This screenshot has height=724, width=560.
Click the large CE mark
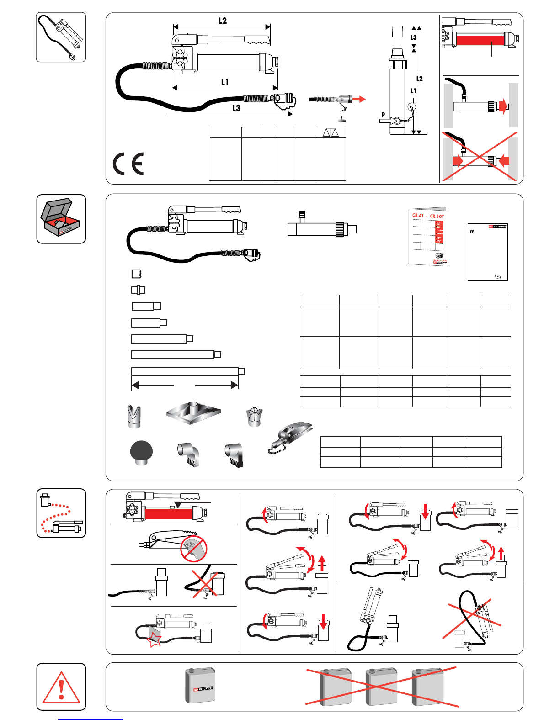128,164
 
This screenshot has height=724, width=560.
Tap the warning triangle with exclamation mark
61,687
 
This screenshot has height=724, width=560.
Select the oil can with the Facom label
201,686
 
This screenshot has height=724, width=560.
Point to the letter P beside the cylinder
383,115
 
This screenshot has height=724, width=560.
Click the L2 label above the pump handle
222,21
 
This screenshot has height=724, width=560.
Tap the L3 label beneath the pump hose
236,108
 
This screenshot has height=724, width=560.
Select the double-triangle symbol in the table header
331,132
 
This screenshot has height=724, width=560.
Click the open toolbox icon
61,218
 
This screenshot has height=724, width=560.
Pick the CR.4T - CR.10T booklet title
428,216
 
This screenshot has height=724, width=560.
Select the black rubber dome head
141,453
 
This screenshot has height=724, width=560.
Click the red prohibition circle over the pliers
194,549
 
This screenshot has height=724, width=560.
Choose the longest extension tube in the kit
188,371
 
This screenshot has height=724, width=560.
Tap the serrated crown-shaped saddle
254,416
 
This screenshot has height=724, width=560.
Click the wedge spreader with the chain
291,436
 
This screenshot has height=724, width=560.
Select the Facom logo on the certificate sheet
498,227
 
